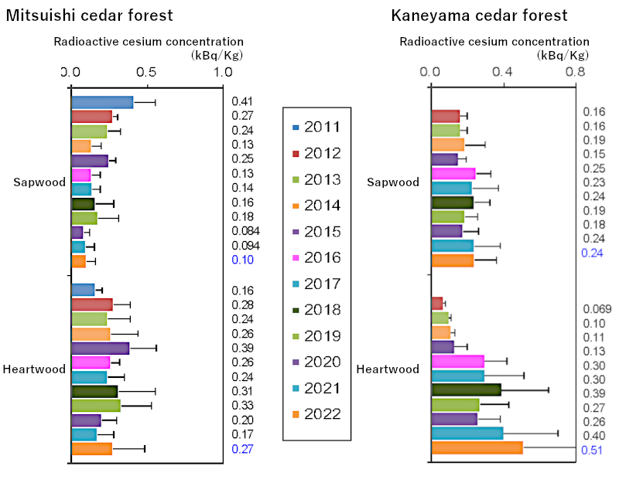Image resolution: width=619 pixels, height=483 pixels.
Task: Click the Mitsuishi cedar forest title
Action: tap(89, 15)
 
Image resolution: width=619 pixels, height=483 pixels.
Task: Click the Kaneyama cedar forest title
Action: tap(479, 15)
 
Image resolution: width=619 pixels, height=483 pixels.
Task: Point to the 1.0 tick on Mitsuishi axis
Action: tap(223, 72)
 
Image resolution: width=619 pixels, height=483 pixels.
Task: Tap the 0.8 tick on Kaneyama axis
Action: tap(575, 72)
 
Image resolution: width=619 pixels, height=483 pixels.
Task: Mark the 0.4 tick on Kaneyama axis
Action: tap(503, 72)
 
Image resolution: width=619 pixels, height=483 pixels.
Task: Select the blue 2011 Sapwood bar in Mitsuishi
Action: tap(102, 102)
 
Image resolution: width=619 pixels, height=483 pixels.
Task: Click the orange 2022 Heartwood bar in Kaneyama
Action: tap(477, 448)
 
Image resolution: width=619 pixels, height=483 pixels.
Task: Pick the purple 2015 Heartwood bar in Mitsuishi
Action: tap(101, 348)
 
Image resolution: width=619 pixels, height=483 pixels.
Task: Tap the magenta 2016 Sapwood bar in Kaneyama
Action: tap(453, 173)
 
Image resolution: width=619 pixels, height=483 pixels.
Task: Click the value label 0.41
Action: tap(241, 101)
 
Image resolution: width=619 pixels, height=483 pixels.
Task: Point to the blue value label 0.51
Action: tap(593, 451)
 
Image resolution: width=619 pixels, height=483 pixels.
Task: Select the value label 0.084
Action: tap(245, 231)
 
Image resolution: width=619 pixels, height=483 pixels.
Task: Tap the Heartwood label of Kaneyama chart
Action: tap(388, 369)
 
